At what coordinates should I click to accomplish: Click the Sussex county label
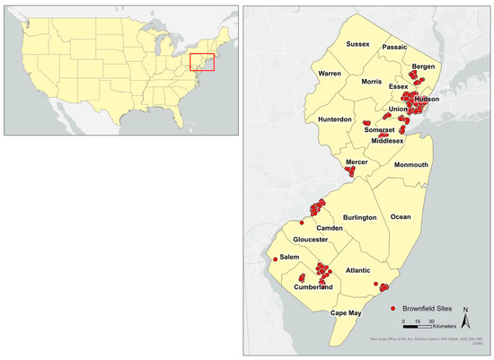[x=352, y=42]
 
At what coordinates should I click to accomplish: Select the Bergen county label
[x=422, y=66]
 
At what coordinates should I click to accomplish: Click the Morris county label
[x=372, y=82]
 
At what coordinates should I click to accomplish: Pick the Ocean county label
[x=401, y=216]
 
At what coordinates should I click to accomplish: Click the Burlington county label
[x=358, y=218]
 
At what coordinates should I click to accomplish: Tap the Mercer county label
[x=357, y=162]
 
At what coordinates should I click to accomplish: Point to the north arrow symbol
[x=466, y=315]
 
